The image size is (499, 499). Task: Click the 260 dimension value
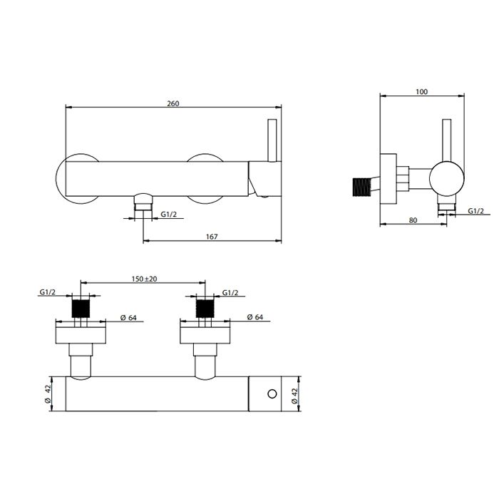[x=173, y=103]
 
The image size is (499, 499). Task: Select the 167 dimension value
[x=212, y=237]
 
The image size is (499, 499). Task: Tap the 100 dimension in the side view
[x=422, y=92]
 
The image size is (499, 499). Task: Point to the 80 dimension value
[x=413, y=220]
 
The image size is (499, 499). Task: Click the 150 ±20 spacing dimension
[x=145, y=279]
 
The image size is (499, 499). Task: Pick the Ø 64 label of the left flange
[x=128, y=317]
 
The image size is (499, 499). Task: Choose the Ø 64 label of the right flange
[x=255, y=317]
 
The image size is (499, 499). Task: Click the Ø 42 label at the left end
[x=48, y=393]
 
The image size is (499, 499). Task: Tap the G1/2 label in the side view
[x=475, y=211]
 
